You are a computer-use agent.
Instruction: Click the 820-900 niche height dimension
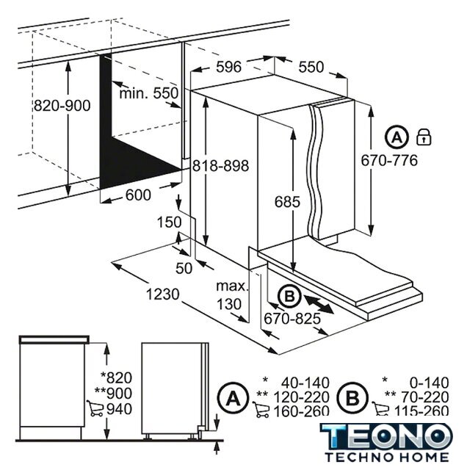(62, 106)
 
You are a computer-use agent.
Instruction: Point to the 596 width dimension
(228, 67)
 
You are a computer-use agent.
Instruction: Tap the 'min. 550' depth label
(149, 93)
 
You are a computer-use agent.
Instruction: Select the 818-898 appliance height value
(220, 165)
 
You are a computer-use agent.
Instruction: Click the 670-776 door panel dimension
(389, 160)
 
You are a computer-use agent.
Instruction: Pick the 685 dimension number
(287, 202)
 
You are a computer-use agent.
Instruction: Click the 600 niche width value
(138, 195)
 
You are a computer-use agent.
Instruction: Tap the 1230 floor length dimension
(163, 294)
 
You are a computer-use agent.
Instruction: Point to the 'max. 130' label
(232, 295)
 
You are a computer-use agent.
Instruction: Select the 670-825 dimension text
(292, 319)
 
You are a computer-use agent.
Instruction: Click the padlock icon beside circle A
(424, 137)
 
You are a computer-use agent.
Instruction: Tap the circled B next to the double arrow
(289, 297)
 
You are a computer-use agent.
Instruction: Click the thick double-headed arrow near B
(319, 303)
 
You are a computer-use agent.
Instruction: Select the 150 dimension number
(170, 222)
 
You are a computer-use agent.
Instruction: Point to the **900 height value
(113, 394)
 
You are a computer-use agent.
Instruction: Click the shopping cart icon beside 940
(95, 408)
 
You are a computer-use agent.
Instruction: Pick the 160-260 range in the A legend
(302, 411)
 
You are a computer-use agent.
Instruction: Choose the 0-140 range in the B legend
(430, 383)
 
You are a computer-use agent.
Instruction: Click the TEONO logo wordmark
(386, 437)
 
